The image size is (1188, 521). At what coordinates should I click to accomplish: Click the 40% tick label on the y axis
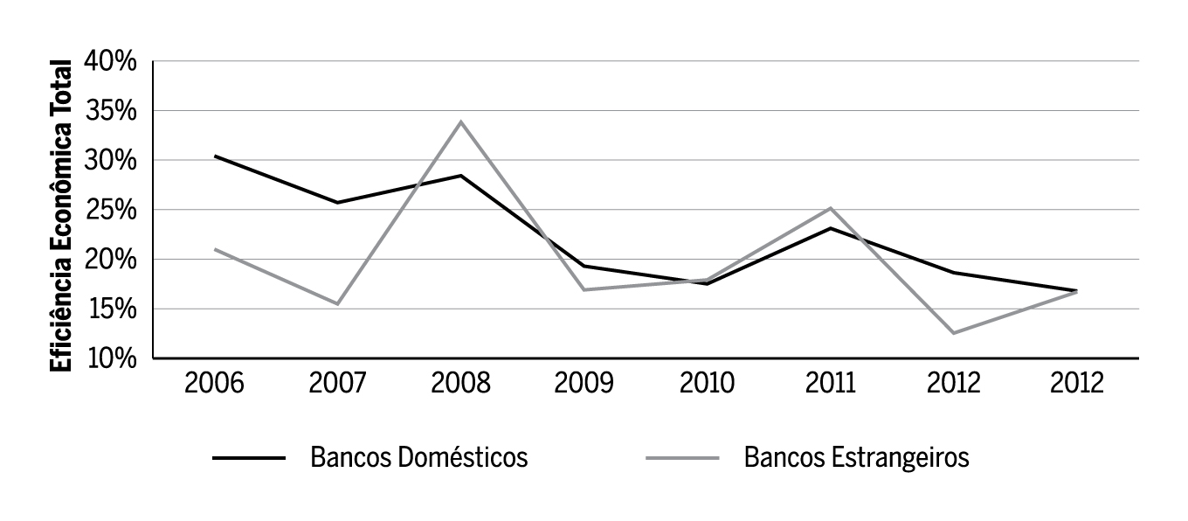point(111,62)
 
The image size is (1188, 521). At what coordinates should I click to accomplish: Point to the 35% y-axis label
point(111,112)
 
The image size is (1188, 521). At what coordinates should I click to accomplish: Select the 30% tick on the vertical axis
point(111,161)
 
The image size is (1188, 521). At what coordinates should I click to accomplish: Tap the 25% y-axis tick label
point(111,211)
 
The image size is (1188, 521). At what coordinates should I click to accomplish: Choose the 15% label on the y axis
point(111,309)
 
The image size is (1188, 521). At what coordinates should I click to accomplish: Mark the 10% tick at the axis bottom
point(111,358)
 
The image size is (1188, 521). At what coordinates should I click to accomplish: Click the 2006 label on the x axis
point(214,384)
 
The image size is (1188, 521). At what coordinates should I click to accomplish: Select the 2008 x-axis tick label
point(460,384)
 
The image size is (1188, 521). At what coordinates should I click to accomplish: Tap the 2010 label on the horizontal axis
point(707,384)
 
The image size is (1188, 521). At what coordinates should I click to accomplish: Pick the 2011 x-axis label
point(830,384)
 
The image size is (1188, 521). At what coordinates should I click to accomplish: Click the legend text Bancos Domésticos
point(418,457)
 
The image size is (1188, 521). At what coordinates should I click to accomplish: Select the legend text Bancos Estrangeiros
point(856,457)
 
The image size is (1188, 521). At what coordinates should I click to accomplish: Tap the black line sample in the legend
point(248,458)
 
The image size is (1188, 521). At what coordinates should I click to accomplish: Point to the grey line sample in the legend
point(682,458)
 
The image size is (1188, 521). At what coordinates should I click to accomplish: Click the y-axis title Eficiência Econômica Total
point(61,216)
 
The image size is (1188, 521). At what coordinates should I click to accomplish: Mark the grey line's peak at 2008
point(460,122)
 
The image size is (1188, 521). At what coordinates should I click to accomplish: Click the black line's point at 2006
point(215,156)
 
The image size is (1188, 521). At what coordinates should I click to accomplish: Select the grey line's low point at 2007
point(337,303)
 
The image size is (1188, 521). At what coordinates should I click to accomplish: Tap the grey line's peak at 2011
point(830,208)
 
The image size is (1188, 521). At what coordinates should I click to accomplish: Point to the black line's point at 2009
point(584,266)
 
